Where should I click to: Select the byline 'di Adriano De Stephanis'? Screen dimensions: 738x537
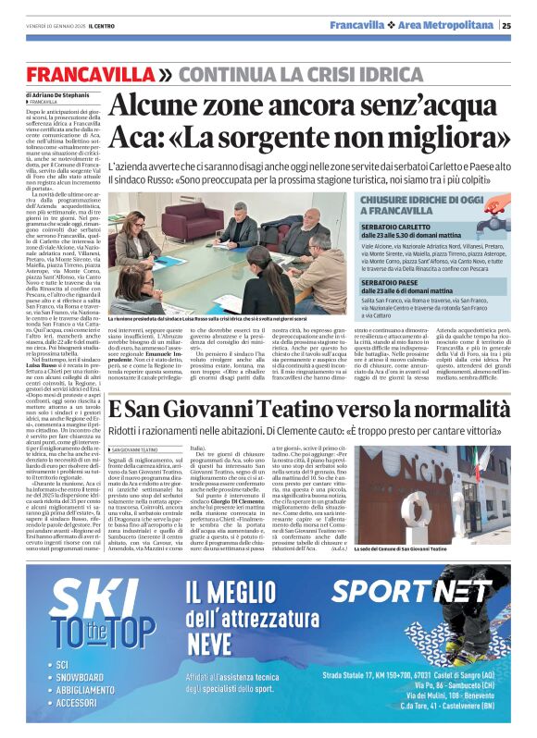58,95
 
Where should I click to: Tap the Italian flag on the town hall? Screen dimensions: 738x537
482,467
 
